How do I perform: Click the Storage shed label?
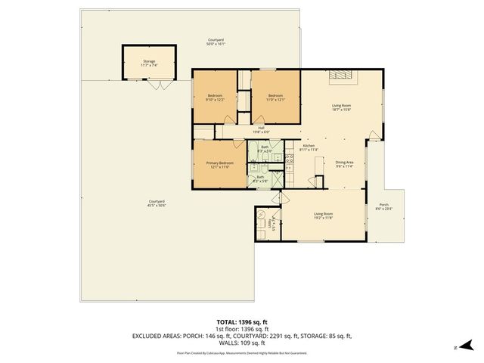pyautogui.click(x=149, y=64)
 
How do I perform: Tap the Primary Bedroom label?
pyautogui.click(x=221, y=164)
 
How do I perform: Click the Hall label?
pyautogui.click(x=260, y=130)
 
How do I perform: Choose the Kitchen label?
pyautogui.click(x=309, y=147)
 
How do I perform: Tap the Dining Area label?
pyautogui.click(x=344, y=164)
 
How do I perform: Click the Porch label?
pyautogui.click(x=383, y=206)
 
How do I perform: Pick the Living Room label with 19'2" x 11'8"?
pyautogui.click(x=323, y=216)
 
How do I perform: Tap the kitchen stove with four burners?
pyautogui.click(x=290, y=159)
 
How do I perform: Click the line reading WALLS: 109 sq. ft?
pyautogui.click(x=242, y=343)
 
